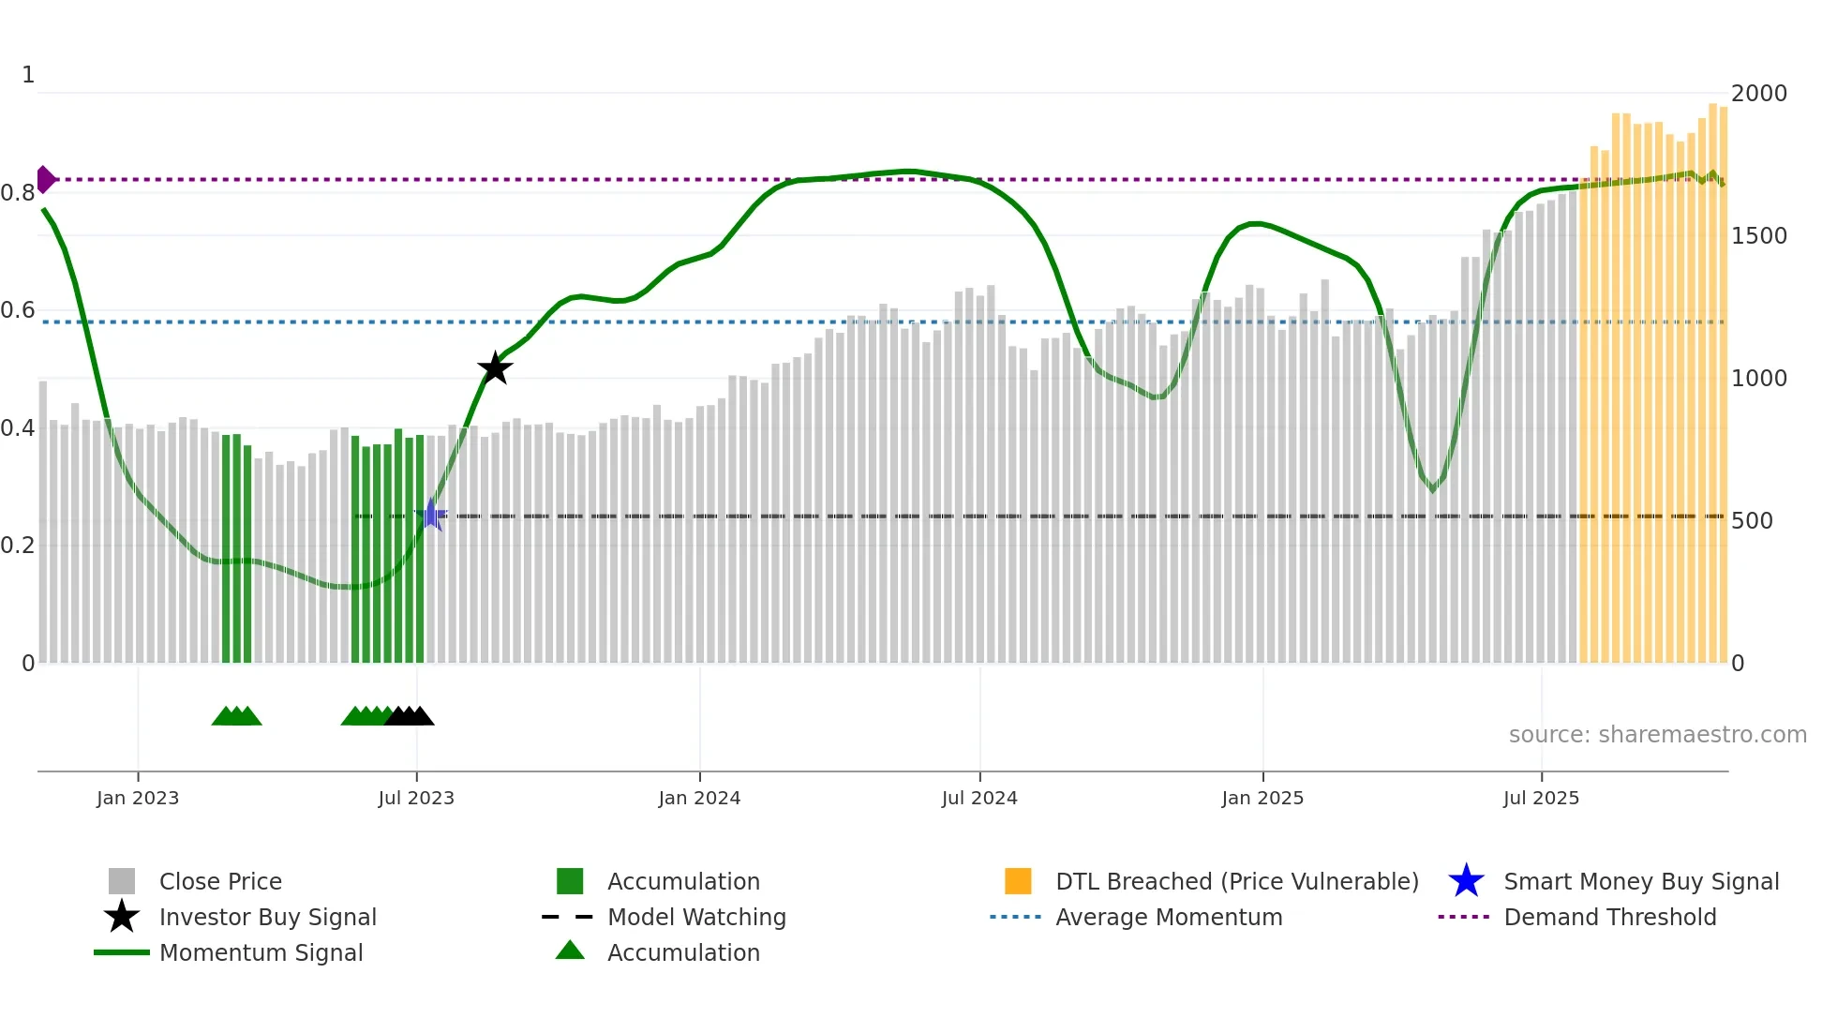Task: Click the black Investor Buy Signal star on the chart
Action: [x=495, y=368]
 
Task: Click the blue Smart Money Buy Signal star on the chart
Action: [x=431, y=515]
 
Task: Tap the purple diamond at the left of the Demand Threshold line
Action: [x=45, y=179]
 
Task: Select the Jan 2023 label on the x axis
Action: [x=138, y=798]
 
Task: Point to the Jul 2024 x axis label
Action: [x=979, y=798]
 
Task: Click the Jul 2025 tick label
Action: [x=1541, y=798]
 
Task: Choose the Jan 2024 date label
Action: [x=699, y=798]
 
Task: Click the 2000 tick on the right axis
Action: [x=1758, y=94]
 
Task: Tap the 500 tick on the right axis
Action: [x=1752, y=521]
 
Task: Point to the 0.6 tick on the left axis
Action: [x=18, y=310]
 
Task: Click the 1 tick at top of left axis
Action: [x=28, y=75]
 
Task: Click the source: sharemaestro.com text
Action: [x=1657, y=735]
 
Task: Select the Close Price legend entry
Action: [x=220, y=881]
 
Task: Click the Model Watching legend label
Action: [x=696, y=917]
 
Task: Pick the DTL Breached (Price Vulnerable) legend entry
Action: [x=1236, y=881]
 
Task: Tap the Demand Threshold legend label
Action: [x=1609, y=917]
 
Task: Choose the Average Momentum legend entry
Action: [x=1169, y=917]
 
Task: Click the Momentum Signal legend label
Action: [x=261, y=952]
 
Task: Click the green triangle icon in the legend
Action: [x=570, y=951]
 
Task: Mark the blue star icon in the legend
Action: [x=1466, y=881]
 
